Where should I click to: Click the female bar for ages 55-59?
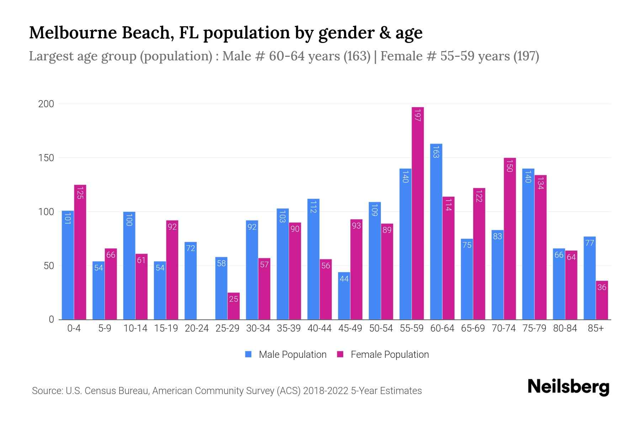pos(418,213)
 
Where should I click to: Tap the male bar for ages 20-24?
pos(191,280)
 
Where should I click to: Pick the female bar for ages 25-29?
pos(234,306)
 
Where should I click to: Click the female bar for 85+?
pos(602,300)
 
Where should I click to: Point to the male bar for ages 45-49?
pos(344,296)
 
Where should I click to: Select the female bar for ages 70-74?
pos(510,239)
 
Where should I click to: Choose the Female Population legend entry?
pos(383,355)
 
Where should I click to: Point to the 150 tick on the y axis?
pos(46,158)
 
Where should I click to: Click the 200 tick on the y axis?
pos(46,104)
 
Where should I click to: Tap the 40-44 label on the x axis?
pos(319,328)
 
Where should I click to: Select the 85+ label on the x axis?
pos(596,328)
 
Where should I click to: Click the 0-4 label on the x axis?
pos(74,328)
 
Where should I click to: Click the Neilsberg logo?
pos(568,387)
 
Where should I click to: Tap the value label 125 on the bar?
pos(80,193)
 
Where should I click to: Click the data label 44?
pos(344,279)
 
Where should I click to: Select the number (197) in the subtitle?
pos(526,56)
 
